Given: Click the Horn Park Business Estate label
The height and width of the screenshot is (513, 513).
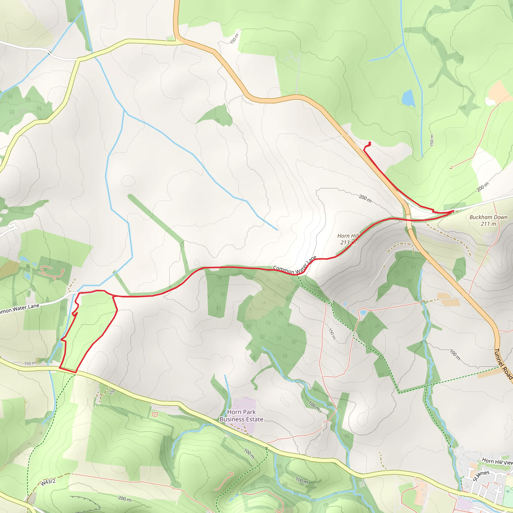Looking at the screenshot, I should pyautogui.click(x=241, y=416).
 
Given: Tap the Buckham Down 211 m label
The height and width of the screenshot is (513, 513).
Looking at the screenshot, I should pyautogui.click(x=488, y=220).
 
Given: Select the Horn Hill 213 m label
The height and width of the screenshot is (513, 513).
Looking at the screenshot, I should pyautogui.click(x=348, y=239).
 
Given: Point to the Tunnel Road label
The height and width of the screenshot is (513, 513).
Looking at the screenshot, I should pyautogui.click(x=503, y=364).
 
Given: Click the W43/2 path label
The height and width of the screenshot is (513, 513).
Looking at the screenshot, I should pyautogui.click(x=48, y=482).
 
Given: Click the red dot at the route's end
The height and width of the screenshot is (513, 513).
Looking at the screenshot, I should pyautogui.click(x=370, y=143).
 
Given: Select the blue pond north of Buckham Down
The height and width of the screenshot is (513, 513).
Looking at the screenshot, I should pyautogui.click(x=408, y=98).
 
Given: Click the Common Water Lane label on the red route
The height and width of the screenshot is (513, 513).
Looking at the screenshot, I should pyautogui.click(x=295, y=265).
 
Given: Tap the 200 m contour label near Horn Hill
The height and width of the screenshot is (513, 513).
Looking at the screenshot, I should pyautogui.click(x=365, y=198).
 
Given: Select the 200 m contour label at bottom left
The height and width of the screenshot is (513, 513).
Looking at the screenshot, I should pyautogui.click(x=125, y=499).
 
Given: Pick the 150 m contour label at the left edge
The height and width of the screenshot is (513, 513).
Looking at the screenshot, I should pyautogui.click(x=30, y=363).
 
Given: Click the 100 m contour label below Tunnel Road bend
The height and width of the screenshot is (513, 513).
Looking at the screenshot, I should pyautogui.click(x=455, y=355).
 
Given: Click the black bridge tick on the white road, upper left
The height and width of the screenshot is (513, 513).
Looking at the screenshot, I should pyautogui.click(x=50, y=53).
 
